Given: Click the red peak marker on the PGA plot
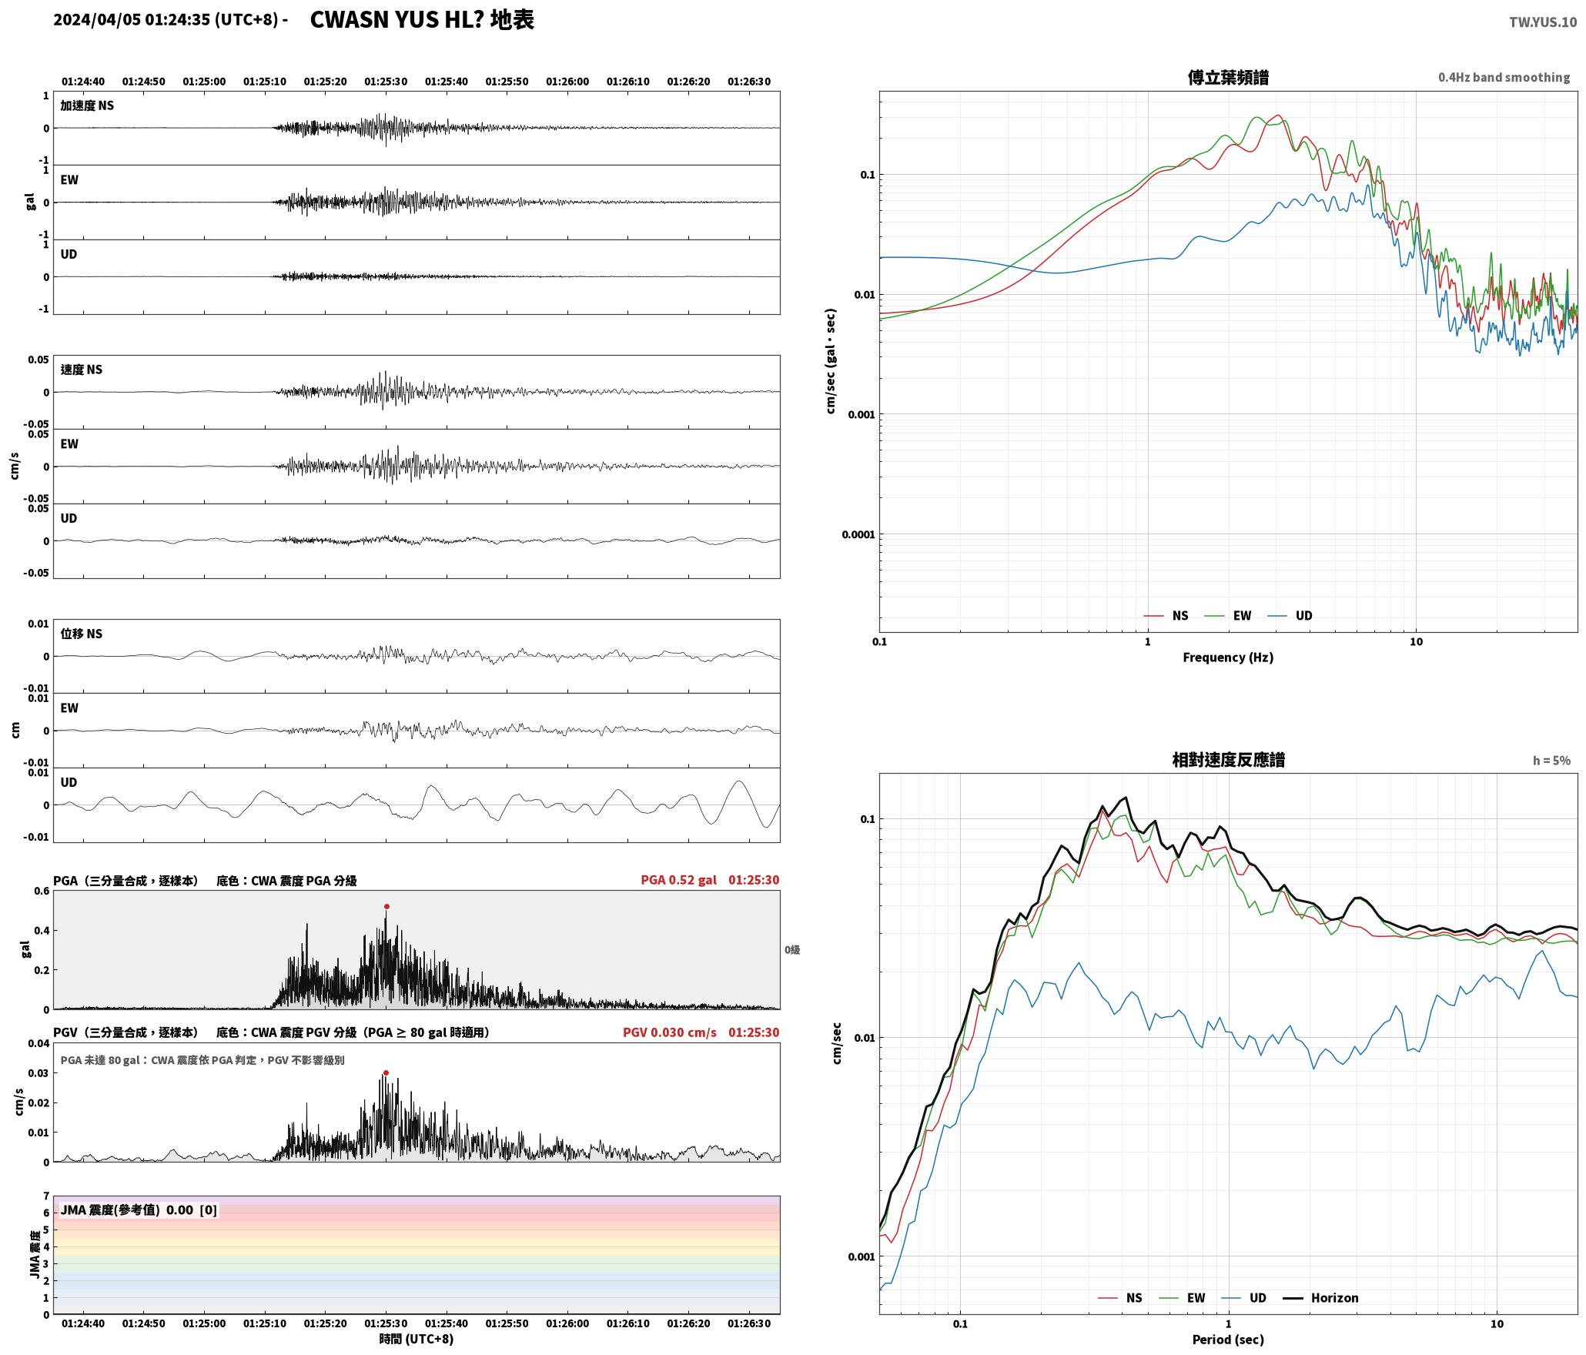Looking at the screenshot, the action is click(386, 906).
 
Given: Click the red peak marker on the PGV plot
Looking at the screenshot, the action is click(386, 1072).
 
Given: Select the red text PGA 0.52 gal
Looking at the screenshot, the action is click(678, 880).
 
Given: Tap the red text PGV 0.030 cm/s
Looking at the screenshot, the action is click(670, 1032).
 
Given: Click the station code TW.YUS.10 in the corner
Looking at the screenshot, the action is click(1543, 22).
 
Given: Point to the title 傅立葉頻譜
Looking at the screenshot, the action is click(1228, 77).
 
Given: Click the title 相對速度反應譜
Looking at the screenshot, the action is click(1228, 760).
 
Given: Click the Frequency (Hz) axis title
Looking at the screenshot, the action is click(1228, 657).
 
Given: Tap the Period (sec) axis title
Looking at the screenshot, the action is click(1228, 1340).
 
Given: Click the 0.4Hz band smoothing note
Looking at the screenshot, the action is click(1504, 78).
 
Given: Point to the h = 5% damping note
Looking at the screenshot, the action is click(1551, 761).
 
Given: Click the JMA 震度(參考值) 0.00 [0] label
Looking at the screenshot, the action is click(139, 1210).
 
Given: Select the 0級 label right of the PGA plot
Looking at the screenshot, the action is click(792, 950).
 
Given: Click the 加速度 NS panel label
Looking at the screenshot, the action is click(87, 105).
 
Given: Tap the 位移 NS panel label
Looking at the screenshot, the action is click(81, 634).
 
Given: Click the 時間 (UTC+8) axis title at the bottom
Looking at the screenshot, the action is click(416, 1339).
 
